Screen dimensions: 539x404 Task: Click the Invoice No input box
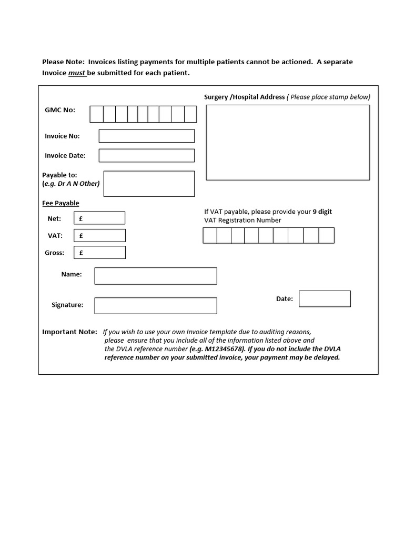tap(146, 136)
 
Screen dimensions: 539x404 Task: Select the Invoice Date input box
tap(146, 155)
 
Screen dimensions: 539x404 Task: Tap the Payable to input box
tap(149, 184)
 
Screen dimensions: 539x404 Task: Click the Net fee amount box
tap(99, 218)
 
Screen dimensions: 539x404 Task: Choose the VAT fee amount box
tap(99, 235)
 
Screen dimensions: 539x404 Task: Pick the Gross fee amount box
tap(99, 253)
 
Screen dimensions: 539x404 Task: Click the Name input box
tap(155, 276)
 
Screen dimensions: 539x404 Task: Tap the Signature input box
tap(155, 305)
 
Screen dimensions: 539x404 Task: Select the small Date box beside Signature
tap(325, 298)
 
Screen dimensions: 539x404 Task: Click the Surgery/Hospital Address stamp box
tap(287, 142)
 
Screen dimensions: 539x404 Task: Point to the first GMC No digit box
tap(96, 114)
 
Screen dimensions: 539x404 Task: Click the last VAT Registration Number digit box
tap(326, 235)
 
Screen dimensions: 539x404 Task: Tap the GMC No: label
tap(60, 110)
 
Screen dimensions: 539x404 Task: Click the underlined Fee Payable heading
tap(60, 203)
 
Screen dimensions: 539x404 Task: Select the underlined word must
tap(77, 73)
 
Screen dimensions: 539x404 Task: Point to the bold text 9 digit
tap(322, 212)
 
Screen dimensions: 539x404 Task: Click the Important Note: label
tap(69, 332)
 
